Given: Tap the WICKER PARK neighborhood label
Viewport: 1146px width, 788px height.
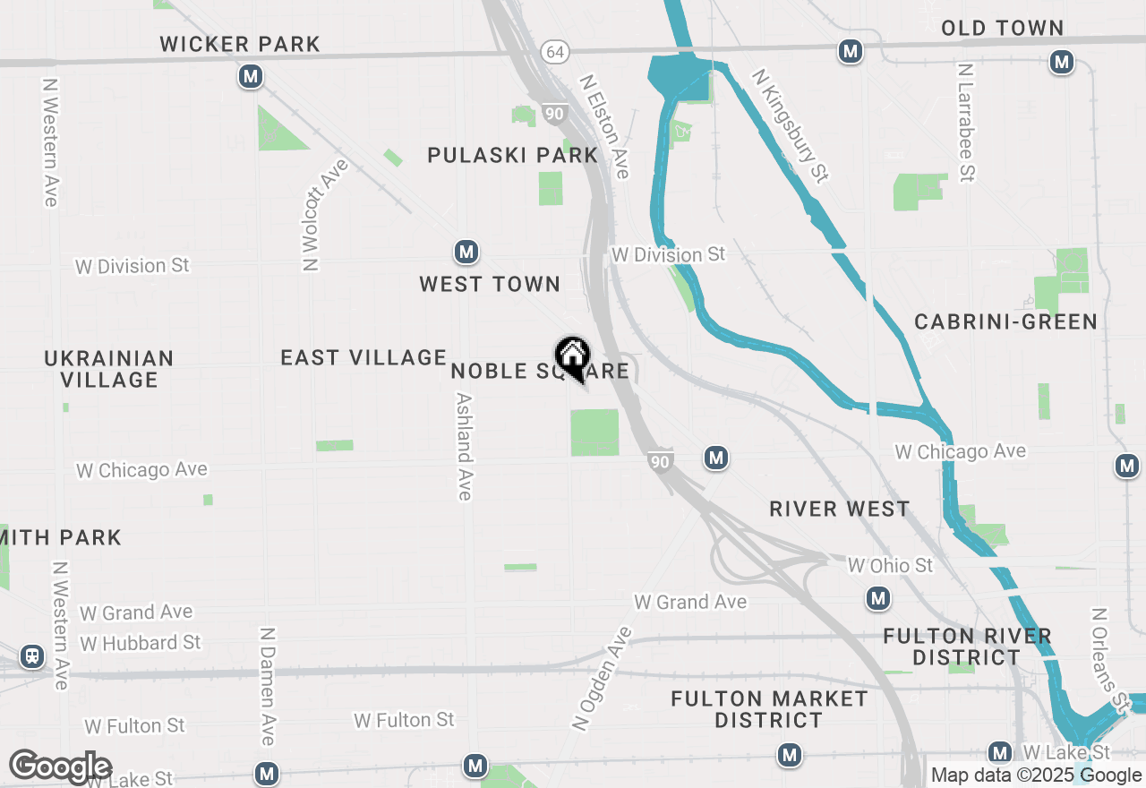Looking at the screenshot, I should (x=240, y=44).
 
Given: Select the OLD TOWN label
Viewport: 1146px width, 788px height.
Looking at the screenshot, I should (x=1002, y=29).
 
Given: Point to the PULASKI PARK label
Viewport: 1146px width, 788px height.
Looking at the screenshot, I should (x=512, y=155).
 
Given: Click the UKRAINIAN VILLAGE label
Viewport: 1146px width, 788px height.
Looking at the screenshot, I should (x=109, y=369).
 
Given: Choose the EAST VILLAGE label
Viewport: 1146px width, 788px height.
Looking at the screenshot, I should (x=363, y=358).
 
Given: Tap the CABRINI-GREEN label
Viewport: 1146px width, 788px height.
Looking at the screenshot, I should (x=1005, y=322).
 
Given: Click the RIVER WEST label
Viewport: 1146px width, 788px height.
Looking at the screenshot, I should (x=840, y=510).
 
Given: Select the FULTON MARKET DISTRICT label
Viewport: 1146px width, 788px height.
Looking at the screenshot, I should (x=769, y=709).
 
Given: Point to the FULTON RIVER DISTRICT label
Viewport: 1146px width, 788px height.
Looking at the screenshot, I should (x=967, y=647).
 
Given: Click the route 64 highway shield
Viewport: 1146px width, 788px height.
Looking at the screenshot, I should (x=555, y=52).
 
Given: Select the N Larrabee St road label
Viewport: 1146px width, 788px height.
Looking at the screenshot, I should (x=964, y=123).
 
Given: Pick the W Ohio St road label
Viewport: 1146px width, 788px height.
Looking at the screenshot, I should (x=890, y=566).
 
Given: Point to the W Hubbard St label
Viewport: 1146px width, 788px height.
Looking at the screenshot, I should (x=141, y=644).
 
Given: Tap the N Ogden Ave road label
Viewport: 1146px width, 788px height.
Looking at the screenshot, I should (x=601, y=679).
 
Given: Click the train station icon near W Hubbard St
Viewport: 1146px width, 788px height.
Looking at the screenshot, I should (x=33, y=657).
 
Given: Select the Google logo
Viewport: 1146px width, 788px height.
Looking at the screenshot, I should (x=60, y=767).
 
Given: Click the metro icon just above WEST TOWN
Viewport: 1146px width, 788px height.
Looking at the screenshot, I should (x=466, y=252).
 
